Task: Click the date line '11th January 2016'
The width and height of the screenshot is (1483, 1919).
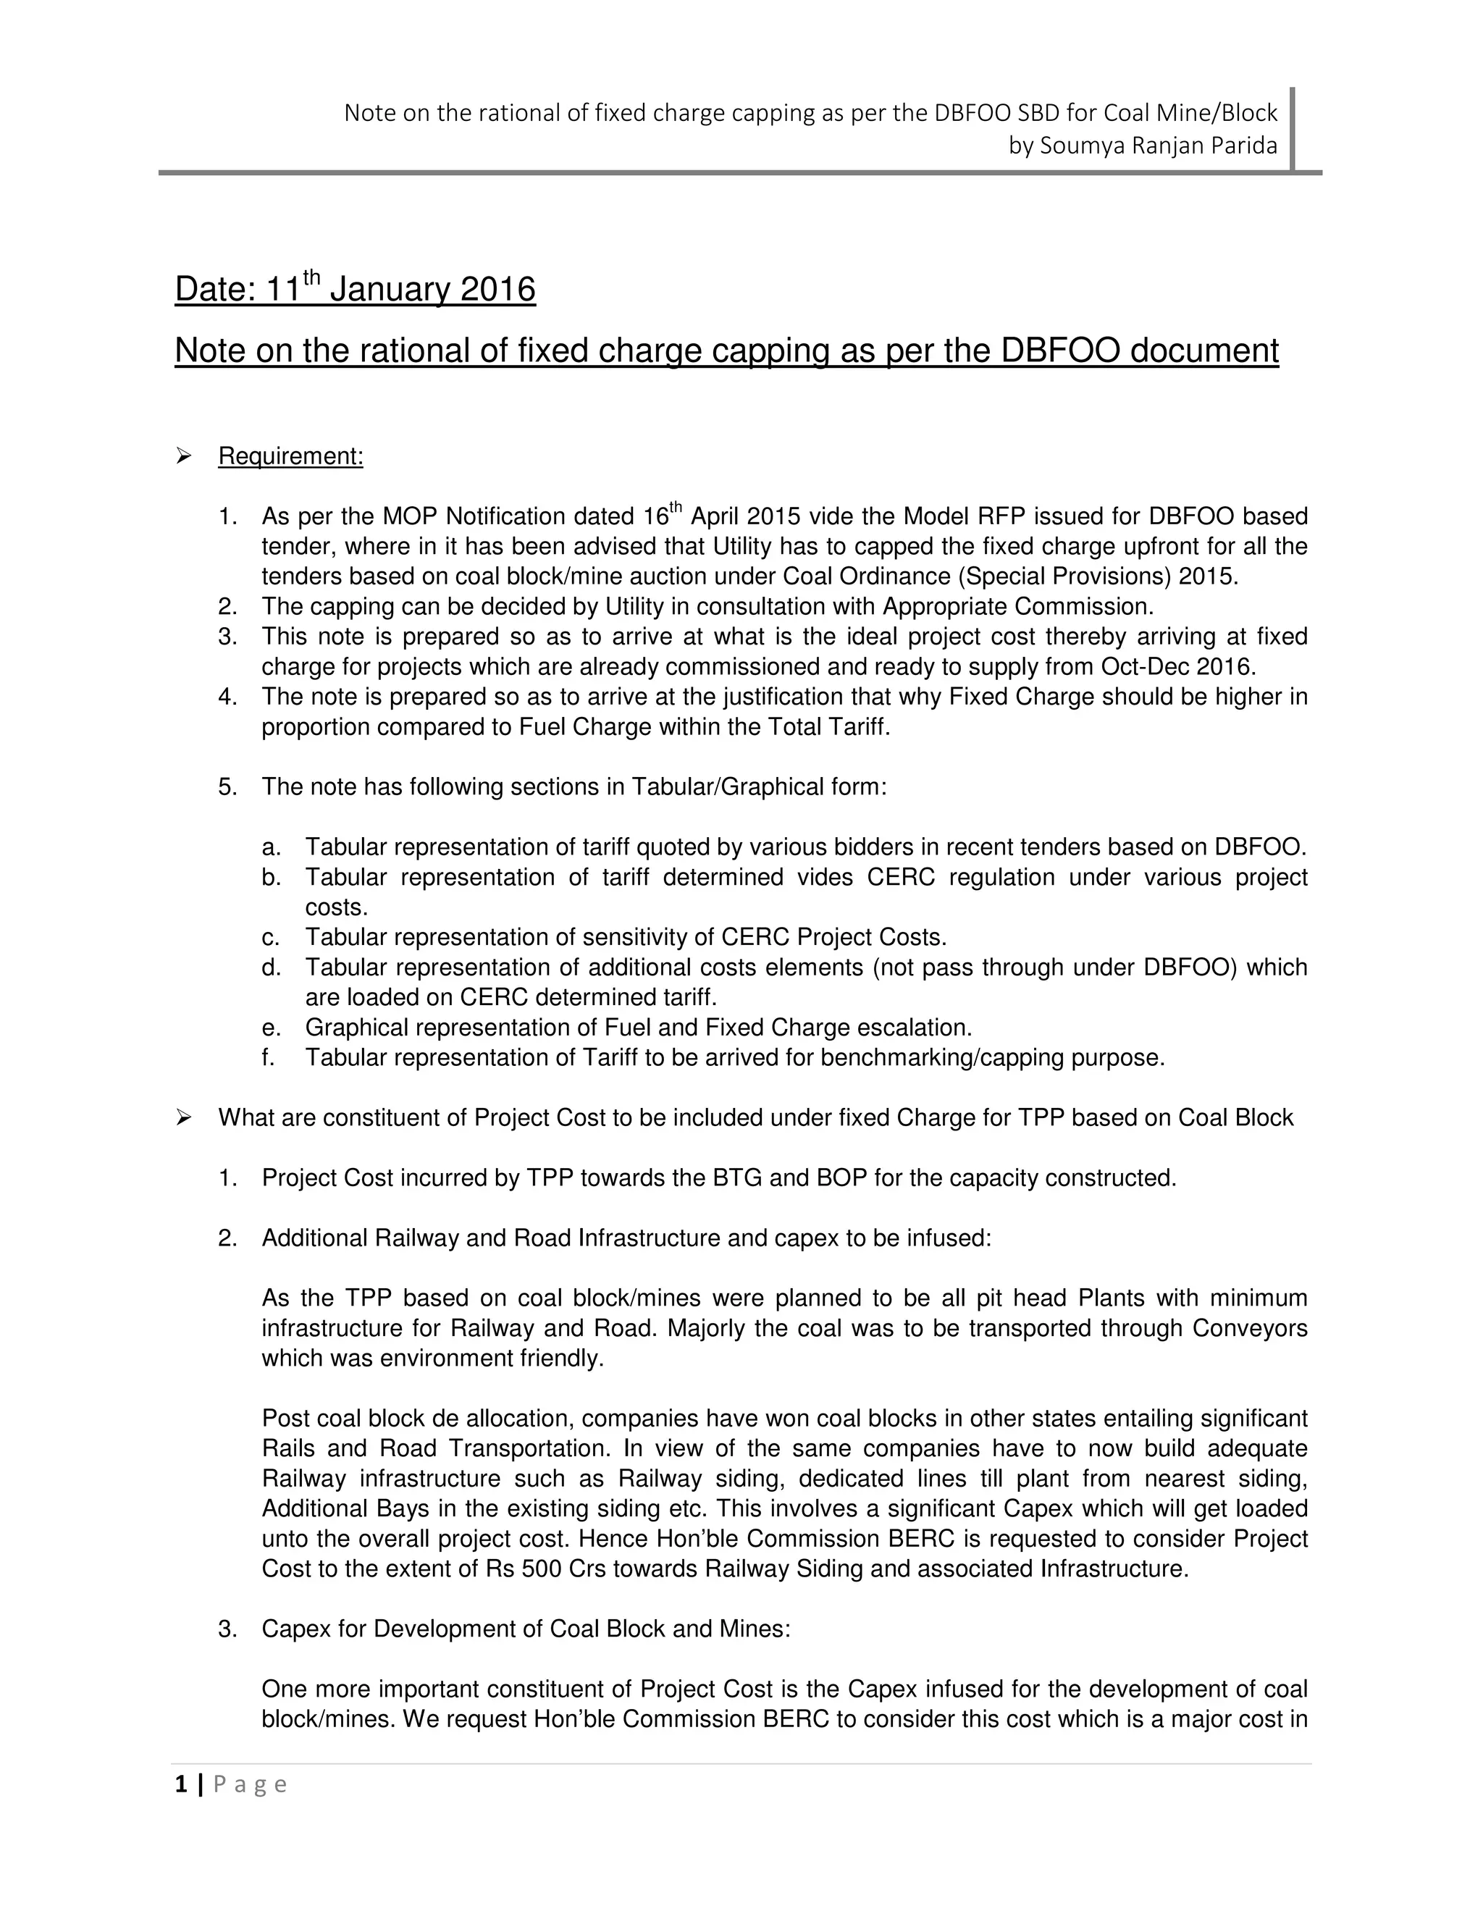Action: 400,289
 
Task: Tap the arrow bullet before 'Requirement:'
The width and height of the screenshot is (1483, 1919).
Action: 184,455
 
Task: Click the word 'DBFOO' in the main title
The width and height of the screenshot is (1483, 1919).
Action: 1059,350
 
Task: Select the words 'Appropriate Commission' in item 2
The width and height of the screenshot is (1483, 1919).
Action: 1017,606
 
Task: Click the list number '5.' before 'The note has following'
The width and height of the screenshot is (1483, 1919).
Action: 227,786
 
